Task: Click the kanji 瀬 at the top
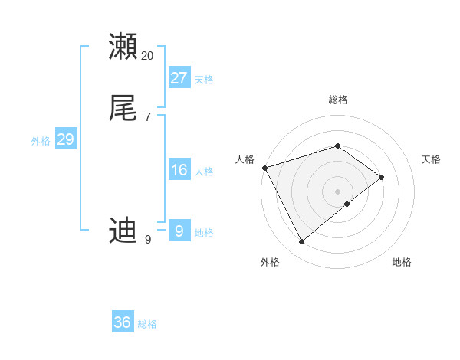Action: [x=123, y=47]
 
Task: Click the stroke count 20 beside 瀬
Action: [x=148, y=56]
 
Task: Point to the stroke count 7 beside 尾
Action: [x=147, y=117]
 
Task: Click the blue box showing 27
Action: [x=179, y=77]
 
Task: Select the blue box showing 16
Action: [x=179, y=169]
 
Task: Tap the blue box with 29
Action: [x=65, y=139]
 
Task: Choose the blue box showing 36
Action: [x=123, y=322]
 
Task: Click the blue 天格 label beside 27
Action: [x=204, y=80]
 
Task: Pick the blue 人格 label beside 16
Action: [x=204, y=172]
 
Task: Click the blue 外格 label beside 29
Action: [x=41, y=141]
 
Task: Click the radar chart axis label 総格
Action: [x=338, y=100]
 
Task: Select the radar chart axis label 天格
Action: [x=432, y=159]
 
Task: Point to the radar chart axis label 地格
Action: [x=402, y=262]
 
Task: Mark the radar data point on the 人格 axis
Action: [x=264, y=167]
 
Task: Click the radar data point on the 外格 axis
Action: [x=302, y=242]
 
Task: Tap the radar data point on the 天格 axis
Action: [x=382, y=177]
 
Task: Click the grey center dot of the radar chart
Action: [x=338, y=191]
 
